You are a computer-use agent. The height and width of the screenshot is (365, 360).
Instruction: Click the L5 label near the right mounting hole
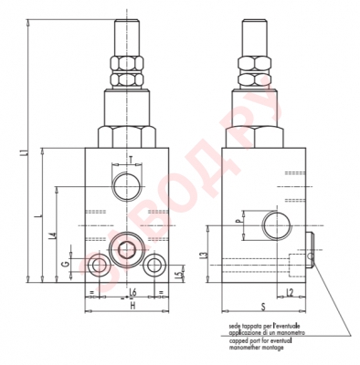(x=179, y=273)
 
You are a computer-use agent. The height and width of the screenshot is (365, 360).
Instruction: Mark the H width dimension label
(x=132, y=305)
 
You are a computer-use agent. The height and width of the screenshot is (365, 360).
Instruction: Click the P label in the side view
(x=237, y=220)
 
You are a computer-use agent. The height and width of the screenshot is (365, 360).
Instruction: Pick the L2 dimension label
(x=290, y=291)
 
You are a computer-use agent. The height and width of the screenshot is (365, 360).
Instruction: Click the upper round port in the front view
(x=125, y=186)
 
